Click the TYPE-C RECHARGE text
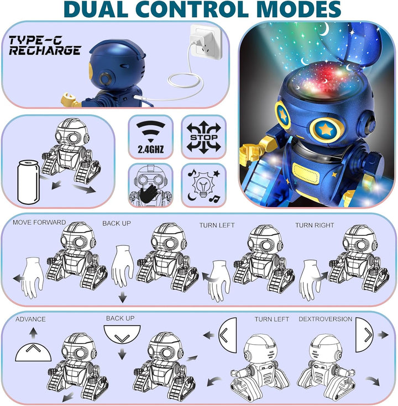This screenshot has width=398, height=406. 45,45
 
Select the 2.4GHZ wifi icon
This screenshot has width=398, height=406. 150,137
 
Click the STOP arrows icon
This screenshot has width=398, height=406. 203,136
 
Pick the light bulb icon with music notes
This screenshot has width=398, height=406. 203,186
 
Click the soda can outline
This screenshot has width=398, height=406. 28,182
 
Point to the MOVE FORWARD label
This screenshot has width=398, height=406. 39,223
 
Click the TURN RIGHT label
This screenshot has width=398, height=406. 315,225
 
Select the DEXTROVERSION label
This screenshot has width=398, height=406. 325,319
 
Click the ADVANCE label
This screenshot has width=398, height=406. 30,319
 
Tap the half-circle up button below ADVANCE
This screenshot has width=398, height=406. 33,352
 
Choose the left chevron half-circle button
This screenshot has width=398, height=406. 228,335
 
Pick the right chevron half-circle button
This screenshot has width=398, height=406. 364,335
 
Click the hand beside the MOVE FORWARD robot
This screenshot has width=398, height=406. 33,277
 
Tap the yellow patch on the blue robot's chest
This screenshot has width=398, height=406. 306,173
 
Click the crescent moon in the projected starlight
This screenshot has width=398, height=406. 323,29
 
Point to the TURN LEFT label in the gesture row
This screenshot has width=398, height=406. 217,225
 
